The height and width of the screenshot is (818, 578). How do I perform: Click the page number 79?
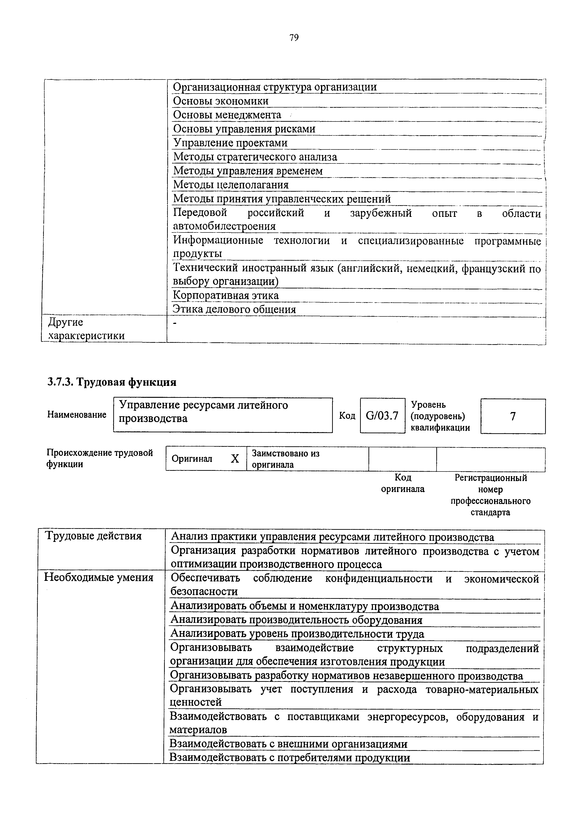tap(294, 37)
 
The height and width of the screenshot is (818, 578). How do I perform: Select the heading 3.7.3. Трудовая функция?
tap(112, 382)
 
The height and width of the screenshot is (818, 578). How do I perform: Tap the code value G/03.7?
tap(382, 416)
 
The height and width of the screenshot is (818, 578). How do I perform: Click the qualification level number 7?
tap(513, 416)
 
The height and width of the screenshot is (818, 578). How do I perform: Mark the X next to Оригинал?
tap(235, 459)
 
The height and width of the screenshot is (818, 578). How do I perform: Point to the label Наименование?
tap(77, 415)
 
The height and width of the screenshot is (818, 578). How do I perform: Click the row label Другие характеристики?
tap(86, 329)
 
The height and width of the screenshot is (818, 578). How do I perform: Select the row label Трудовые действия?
tap(93, 536)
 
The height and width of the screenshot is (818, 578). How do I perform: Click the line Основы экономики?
tap(220, 101)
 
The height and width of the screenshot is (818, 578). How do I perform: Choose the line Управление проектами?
tap(230, 143)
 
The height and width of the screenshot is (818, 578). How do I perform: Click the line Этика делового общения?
tap(234, 309)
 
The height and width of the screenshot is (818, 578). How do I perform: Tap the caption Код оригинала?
tap(403, 483)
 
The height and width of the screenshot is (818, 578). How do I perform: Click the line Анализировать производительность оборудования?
tap(296, 620)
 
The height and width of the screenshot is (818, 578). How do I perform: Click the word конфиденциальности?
tap(378, 579)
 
